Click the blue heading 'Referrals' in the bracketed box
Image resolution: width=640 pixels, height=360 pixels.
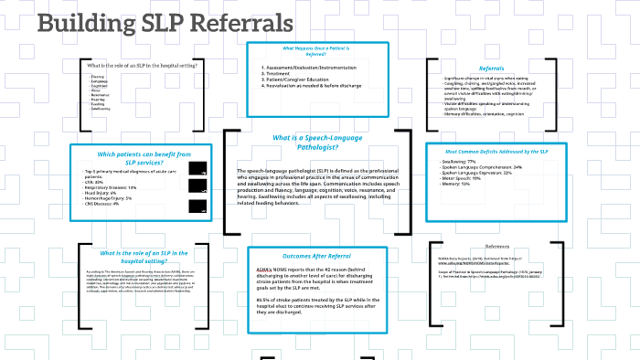coord(491,69)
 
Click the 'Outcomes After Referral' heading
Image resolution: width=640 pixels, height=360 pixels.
coord(318,256)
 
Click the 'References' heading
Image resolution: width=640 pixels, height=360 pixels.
coord(497,247)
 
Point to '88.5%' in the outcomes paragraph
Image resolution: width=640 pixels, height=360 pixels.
coord(265,298)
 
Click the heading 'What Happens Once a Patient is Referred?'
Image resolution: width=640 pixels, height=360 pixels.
coord(318,51)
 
